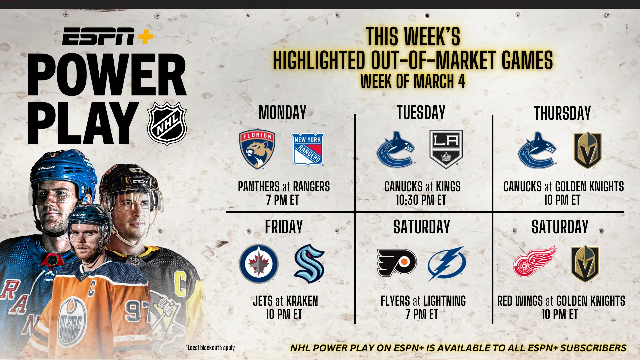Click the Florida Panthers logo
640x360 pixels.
pos(257,149)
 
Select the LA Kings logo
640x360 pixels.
pos(446,149)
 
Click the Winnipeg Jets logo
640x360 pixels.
pos(259,264)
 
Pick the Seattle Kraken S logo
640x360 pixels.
pos(309,264)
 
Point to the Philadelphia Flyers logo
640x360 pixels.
pos(397,263)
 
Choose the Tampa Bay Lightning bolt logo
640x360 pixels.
pos(447,263)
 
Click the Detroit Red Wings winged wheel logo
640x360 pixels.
pos(535,261)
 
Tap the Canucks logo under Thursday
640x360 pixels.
pos(537,150)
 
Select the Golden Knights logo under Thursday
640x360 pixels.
pos(587,150)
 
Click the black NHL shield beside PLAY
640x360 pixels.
pos(167,124)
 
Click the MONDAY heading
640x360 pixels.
pos(282,113)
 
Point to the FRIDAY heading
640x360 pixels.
pos(284,227)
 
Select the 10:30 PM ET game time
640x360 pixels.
pos(421,200)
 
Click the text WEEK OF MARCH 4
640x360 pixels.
pos(413,81)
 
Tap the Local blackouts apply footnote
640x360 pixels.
pos(210,348)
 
